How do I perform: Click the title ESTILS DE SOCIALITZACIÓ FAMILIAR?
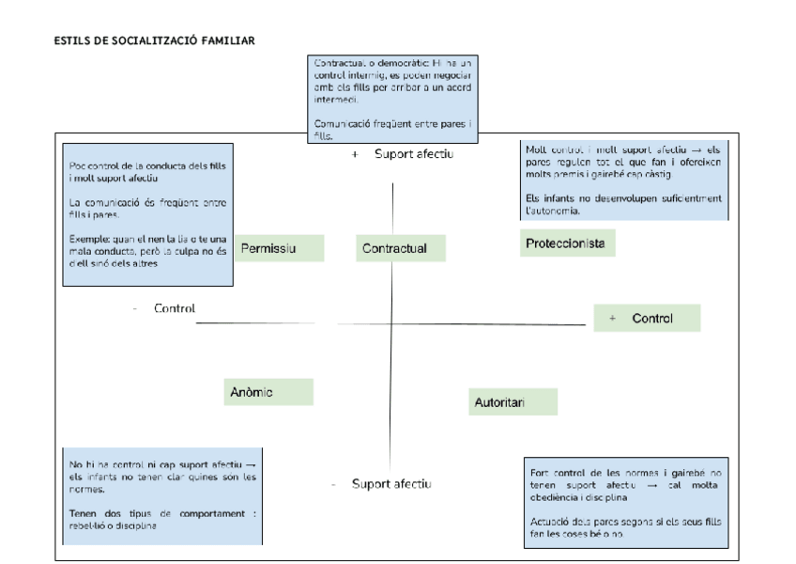(155, 40)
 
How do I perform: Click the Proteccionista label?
(567, 244)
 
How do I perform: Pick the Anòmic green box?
(268, 392)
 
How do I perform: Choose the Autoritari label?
(513, 402)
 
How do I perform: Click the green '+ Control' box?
(647, 319)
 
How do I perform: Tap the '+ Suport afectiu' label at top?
(403, 153)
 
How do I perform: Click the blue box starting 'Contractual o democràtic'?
(393, 99)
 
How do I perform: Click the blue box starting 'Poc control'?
(147, 215)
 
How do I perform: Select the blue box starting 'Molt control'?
(623, 180)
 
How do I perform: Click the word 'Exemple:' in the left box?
(89, 238)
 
